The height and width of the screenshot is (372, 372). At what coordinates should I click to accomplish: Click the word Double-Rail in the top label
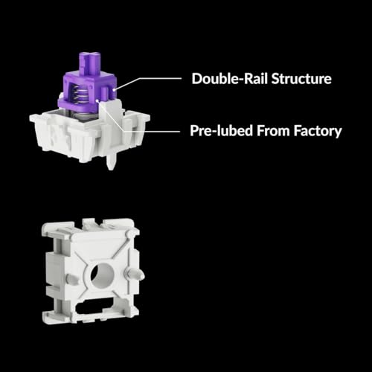coord(230,79)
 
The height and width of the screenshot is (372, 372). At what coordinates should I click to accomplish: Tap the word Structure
coord(301,79)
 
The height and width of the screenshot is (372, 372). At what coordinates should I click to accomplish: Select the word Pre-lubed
coord(222,131)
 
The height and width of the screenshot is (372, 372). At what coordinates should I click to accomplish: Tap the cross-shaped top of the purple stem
coord(90,62)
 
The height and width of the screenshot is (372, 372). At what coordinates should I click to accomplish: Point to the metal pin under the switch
coord(111,161)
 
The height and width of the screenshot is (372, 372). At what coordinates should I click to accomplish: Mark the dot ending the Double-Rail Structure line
coord(114,90)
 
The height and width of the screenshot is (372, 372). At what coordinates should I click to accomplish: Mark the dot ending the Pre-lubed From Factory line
coord(97,100)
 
